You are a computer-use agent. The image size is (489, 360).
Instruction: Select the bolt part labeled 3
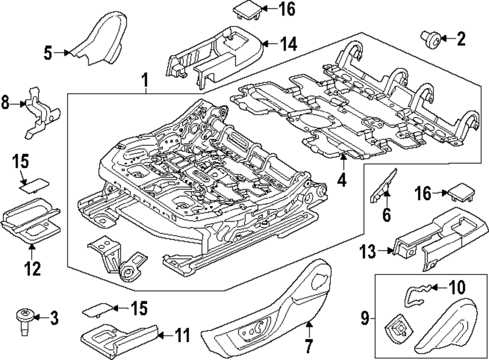24,321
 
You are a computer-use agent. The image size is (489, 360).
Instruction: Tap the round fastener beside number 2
431,39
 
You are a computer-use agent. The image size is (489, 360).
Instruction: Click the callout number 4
342,180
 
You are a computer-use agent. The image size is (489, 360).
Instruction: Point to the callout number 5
48,53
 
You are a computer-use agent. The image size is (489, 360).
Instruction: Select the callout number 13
368,251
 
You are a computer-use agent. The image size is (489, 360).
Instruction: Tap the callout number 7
309,346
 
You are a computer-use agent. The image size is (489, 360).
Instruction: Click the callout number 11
181,336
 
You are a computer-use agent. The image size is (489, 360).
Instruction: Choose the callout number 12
32,269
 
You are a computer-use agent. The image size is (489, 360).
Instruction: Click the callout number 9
365,318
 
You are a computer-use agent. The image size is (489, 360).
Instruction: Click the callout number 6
386,215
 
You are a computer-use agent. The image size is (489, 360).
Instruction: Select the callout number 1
145,80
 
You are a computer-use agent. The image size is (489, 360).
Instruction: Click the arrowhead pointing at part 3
36,317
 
